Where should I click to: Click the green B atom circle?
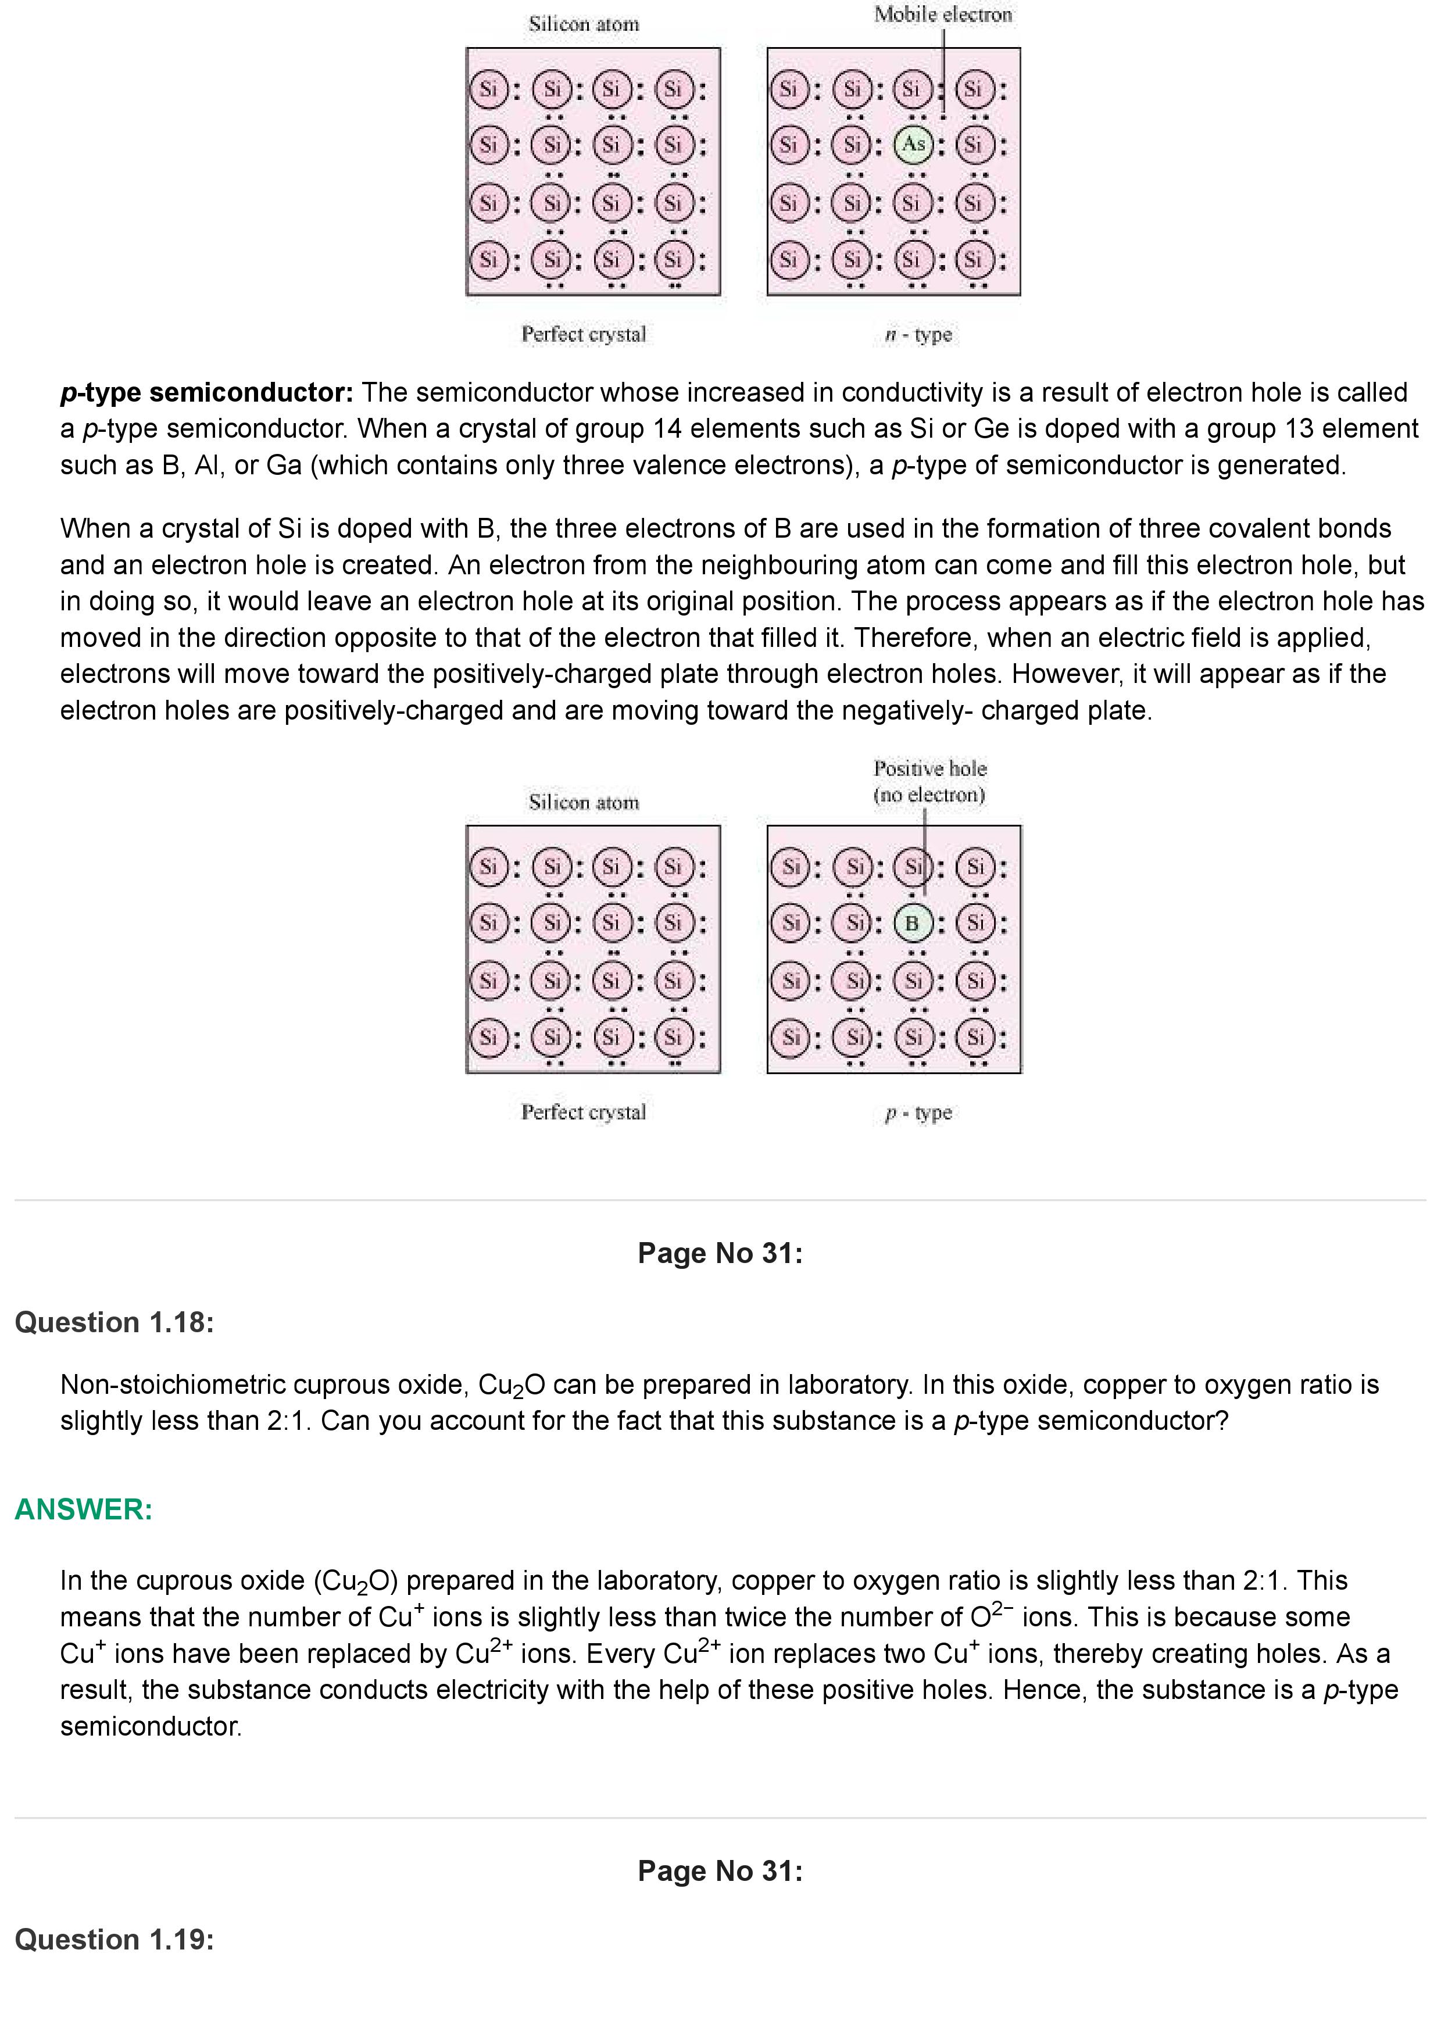tap(912, 924)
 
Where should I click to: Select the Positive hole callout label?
tap(929, 781)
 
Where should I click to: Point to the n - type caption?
tap(918, 335)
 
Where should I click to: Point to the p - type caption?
tap(918, 1112)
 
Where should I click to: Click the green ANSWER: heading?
tap(84, 1509)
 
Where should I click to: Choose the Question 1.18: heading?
tap(115, 1322)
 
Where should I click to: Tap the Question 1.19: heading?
tap(115, 1940)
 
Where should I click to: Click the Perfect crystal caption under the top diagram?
tap(584, 335)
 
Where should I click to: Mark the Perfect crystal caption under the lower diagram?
tap(584, 1112)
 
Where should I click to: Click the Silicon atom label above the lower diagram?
tap(584, 803)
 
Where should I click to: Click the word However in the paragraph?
tap(1066, 674)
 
